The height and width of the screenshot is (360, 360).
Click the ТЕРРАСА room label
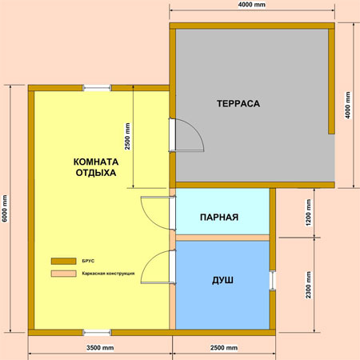238,103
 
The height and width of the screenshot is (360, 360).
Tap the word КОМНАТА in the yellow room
96,162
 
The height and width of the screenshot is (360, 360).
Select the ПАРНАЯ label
219,218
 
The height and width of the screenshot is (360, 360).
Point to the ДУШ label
222,280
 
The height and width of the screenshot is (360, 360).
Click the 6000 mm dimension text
5,209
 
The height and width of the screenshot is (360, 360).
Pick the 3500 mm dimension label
100,348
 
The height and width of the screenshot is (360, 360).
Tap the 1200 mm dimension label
309,213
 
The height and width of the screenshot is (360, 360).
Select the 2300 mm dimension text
309,285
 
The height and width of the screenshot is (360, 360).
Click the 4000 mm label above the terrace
252,5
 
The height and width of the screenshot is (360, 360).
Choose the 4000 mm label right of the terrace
348,105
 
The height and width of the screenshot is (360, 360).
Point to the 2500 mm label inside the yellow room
128,136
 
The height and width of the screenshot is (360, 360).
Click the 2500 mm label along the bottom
224,348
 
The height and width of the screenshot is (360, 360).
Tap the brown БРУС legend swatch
64,261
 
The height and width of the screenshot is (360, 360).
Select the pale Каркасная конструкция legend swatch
64,274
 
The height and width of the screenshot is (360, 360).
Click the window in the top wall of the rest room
97,88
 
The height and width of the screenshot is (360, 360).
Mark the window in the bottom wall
97,333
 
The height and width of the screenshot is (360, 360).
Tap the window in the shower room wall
273,280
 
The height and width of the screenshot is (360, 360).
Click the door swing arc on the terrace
198,130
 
